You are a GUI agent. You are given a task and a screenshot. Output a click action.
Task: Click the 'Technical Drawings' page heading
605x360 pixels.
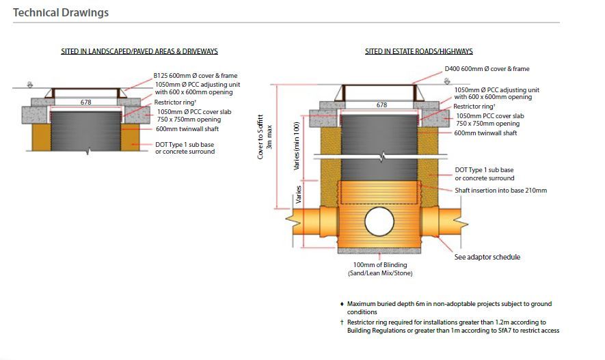point(61,12)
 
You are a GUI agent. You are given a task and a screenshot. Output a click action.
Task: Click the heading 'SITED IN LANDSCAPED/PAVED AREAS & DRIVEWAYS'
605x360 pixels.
point(139,51)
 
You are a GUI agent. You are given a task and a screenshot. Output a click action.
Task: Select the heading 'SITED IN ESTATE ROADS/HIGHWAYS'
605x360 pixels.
point(418,51)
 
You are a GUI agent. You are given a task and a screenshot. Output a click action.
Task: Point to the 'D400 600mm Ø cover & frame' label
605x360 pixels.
point(487,69)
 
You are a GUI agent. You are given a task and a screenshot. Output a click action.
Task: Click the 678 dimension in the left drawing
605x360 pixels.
point(86,102)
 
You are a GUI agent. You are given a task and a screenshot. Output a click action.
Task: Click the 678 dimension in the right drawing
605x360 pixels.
point(381,105)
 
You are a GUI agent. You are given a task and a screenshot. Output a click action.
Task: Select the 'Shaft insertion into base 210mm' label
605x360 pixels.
point(500,191)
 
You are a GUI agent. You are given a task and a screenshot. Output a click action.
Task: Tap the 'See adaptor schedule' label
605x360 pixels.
point(487,257)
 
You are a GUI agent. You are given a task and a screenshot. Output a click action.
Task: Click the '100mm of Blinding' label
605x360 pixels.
point(380,265)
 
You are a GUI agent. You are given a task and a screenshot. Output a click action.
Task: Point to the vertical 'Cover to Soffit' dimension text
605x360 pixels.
point(260,136)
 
